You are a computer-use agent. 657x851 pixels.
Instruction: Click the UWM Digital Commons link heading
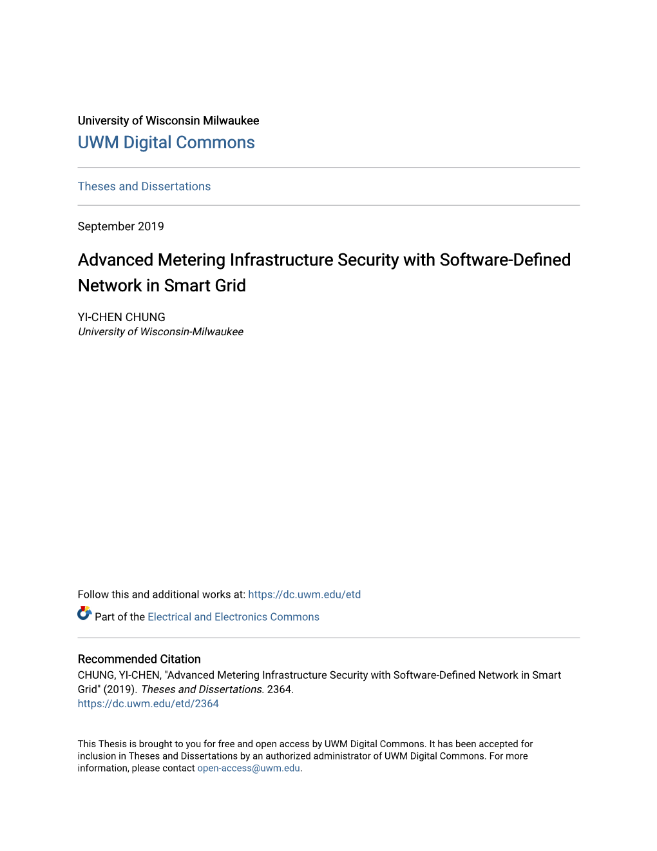(166, 142)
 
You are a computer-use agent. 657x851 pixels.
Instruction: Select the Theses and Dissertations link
(144, 186)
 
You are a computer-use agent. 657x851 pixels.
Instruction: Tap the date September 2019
(121, 226)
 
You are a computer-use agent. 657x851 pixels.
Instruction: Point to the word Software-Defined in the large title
(505, 260)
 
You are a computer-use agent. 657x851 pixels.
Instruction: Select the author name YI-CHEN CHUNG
(122, 317)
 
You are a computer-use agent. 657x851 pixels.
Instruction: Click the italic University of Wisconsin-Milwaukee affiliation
(160, 332)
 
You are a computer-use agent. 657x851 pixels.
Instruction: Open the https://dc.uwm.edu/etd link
(304, 594)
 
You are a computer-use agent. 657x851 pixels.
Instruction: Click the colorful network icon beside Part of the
(84, 613)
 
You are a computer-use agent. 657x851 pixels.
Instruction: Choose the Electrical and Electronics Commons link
(233, 617)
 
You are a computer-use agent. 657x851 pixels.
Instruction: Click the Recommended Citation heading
(139, 659)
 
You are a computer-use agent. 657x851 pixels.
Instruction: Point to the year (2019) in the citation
(120, 689)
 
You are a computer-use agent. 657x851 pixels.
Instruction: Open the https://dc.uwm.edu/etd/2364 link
(148, 704)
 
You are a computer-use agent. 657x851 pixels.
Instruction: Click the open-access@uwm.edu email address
(249, 768)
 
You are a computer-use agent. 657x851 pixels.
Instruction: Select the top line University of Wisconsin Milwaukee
(168, 121)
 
